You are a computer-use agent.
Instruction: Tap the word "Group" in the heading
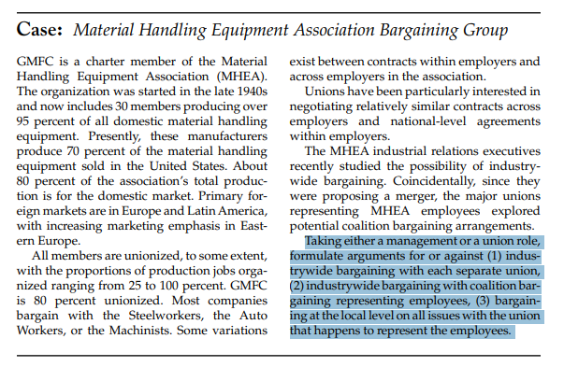(x=487, y=31)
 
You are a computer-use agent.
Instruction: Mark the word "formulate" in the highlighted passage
(x=318, y=256)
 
